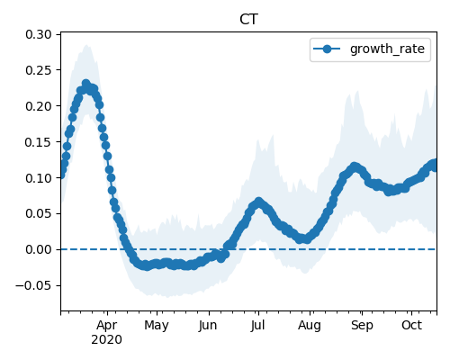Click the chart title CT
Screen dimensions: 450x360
(x=248, y=20)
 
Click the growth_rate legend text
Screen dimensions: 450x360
(x=387, y=49)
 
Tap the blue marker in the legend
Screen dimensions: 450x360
(x=327, y=49)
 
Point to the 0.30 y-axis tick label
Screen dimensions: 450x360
(x=39, y=34)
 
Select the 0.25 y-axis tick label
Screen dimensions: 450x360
(x=39, y=70)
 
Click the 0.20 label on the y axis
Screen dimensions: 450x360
(x=39, y=106)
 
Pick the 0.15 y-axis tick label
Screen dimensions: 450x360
(x=39, y=142)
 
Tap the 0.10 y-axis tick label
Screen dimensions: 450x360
(x=39, y=178)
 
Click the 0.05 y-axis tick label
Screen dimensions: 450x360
(x=39, y=213)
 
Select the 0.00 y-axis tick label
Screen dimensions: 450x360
(x=39, y=249)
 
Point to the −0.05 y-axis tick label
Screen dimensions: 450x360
(x=33, y=285)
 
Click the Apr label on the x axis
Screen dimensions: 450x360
(x=107, y=326)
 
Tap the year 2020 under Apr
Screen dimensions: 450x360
(x=106, y=340)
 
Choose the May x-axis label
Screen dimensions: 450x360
(x=157, y=326)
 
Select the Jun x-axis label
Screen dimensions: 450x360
(x=208, y=326)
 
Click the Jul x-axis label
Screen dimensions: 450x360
(x=258, y=325)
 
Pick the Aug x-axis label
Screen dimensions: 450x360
(x=310, y=326)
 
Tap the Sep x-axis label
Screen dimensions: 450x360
(x=362, y=326)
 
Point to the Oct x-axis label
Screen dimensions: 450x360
(x=412, y=325)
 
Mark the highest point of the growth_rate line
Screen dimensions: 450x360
(x=86, y=83)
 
